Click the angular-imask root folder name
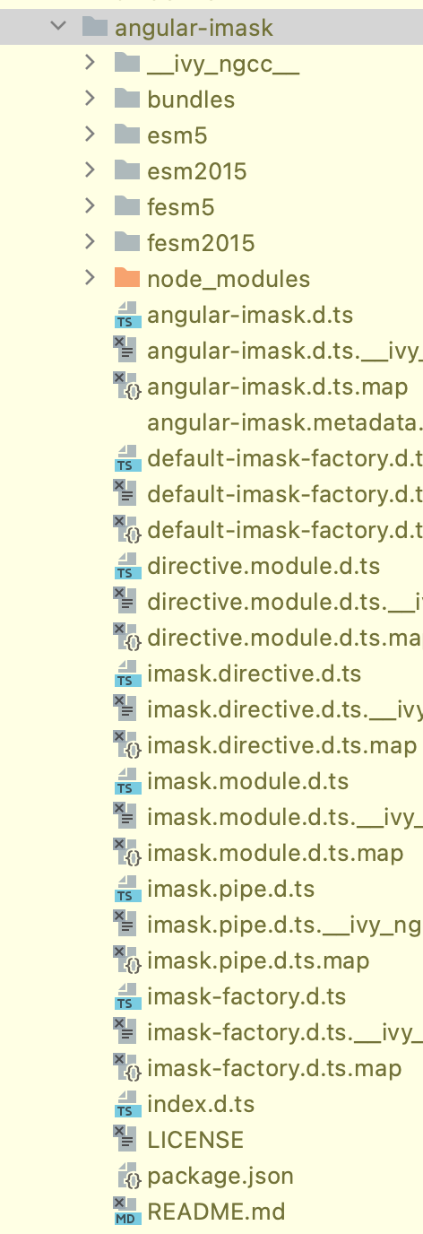(194, 28)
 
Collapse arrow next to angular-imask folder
(59, 27)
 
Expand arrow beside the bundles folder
(90, 99)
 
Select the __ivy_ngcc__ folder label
(223, 64)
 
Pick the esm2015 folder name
(196, 171)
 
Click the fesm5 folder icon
(128, 207)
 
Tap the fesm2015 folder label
(201, 243)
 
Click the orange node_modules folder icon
(128, 279)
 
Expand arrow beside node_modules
(90, 278)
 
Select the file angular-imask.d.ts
(250, 315)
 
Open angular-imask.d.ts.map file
(277, 387)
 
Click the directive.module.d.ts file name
(263, 566)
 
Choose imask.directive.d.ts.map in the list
(281, 745)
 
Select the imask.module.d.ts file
(247, 781)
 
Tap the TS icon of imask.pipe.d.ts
(128, 890)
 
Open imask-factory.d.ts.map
(274, 1068)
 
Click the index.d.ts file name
(201, 1104)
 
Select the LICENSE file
(195, 1140)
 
